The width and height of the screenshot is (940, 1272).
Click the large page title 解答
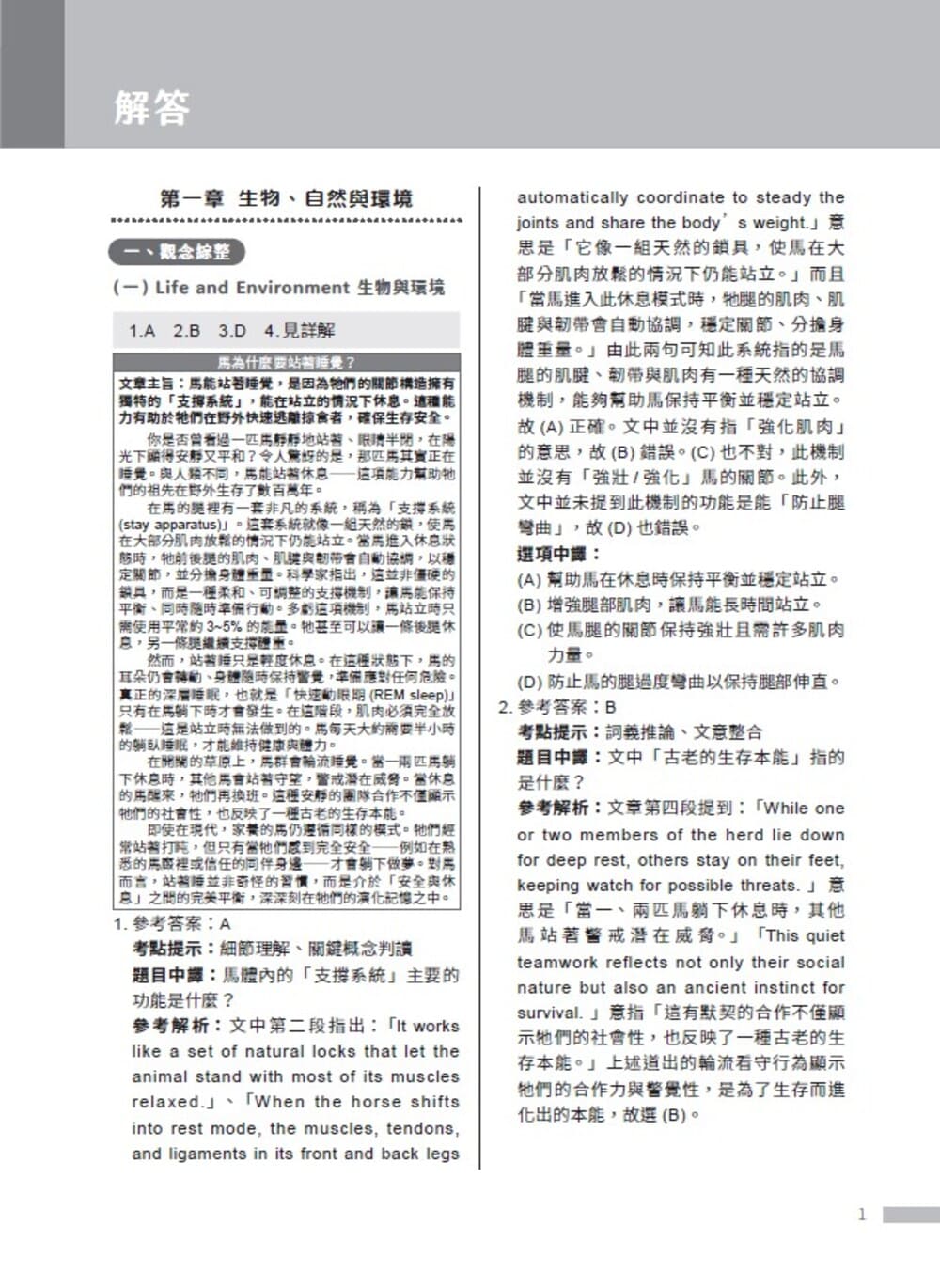pos(152,108)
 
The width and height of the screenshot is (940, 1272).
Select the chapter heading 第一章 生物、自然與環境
pos(286,198)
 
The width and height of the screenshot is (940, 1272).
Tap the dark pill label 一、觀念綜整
pos(177,252)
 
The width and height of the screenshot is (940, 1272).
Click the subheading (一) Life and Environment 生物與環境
pos(278,288)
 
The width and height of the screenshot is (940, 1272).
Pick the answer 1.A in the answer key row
pos(142,331)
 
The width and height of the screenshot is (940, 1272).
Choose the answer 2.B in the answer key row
pos(186,331)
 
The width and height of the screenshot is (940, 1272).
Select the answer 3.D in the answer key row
pos(232,331)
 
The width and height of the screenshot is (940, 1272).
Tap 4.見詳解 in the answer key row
pos(300,331)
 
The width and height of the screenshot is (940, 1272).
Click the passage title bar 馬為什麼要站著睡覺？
pos(286,362)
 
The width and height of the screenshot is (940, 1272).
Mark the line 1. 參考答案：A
pos(172,923)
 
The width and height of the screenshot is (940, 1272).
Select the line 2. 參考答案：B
pos(557,707)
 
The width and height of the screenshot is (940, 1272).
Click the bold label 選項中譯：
pos(559,554)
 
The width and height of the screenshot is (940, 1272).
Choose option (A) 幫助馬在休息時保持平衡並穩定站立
pos(678,579)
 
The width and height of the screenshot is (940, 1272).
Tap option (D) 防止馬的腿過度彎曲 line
pos(678,682)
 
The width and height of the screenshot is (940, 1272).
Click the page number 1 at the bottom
pos(862,1215)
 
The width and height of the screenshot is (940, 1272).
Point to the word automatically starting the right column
pos(572,197)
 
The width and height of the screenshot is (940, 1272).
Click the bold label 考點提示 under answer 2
pos(553,732)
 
